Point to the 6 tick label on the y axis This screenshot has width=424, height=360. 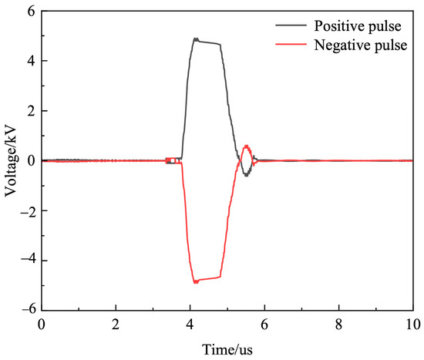point(31,12)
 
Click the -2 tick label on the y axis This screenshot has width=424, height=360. point(28,210)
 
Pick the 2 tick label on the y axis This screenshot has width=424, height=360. point(31,111)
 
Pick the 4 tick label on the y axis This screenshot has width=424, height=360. point(31,61)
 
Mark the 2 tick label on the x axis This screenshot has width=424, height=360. point(116,325)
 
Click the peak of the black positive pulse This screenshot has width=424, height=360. point(196,39)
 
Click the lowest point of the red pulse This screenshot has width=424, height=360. point(196,282)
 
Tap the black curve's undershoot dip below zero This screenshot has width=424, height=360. point(246,175)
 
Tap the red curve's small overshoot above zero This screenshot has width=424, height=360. point(246,146)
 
